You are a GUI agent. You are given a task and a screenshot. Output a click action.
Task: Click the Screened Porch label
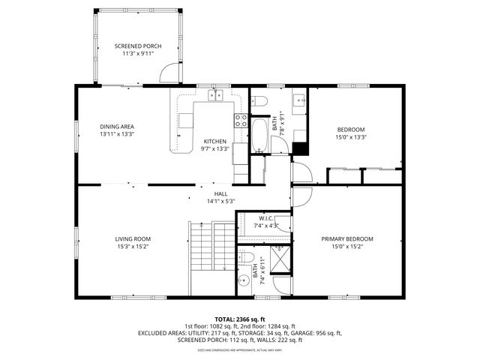point(137,46)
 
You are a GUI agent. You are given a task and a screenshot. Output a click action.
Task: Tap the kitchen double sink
point(217,95)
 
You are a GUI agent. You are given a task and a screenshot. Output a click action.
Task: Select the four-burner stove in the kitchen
point(241,121)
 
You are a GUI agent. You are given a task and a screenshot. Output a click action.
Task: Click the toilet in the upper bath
point(259,100)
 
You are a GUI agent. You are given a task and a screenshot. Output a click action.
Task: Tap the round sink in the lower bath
point(243,281)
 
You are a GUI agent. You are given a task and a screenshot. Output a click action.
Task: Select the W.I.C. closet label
point(266,218)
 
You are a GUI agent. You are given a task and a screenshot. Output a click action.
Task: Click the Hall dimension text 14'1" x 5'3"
point(221,201)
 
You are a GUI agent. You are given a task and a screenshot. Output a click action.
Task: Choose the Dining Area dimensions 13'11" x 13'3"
point(117,134)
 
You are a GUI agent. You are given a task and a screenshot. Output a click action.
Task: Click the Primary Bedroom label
point(347,239)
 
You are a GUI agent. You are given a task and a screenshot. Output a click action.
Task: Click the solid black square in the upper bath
point(300,148)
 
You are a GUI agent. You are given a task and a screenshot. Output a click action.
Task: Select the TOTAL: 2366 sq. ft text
point(240,319)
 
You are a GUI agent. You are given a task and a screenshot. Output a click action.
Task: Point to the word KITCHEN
point(215,141)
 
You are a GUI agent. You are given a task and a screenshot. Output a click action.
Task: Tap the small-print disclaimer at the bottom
point(240,350)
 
